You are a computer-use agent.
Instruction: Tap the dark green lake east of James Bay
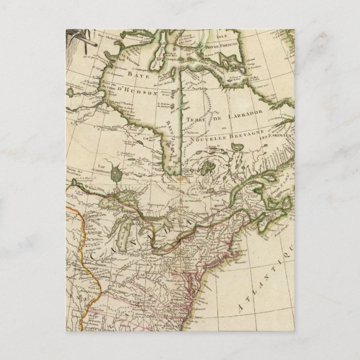coord(208,167)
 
